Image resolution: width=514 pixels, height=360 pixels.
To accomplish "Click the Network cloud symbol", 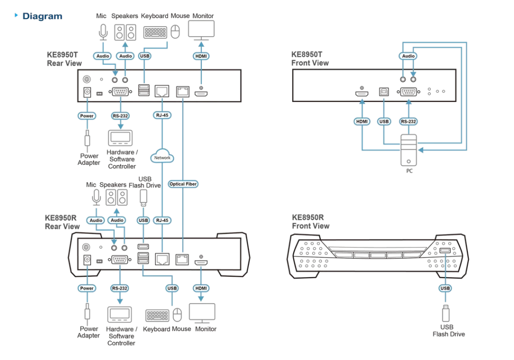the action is tap(162, 156).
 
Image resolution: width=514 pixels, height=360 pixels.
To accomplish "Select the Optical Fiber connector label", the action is tap(183, 184).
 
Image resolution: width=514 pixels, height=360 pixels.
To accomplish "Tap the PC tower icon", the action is tap(409, 150).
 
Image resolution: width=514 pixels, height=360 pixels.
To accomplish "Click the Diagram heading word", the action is tap(42, 16).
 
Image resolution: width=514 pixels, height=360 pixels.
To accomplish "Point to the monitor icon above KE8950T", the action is tap(201, 30).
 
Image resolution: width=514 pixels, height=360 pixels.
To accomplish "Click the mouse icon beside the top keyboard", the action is tap(175, 32).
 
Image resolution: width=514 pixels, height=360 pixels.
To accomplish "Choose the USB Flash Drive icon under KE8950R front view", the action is tap(446, 313).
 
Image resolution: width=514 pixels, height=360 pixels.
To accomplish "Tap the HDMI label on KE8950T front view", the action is tap(362, 122).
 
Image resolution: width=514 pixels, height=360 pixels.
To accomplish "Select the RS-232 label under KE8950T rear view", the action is tap(120, 116).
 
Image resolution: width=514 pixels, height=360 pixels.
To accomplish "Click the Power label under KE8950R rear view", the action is tap(87, 288).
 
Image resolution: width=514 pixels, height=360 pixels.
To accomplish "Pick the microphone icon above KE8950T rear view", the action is tap(103, 32).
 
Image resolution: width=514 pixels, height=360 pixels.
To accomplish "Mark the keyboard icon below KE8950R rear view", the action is tap(157, 315).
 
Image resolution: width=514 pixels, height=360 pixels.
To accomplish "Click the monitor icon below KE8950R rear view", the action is tap(202, 313).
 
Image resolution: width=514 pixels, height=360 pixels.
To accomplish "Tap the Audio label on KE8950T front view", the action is tap(408, 56).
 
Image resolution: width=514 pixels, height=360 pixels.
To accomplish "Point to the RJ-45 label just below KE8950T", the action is tap(162, 115).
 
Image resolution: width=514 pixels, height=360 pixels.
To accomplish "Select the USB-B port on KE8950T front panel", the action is tap(384, 91).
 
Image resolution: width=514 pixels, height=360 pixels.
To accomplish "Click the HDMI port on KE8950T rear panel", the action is tap(201, 94).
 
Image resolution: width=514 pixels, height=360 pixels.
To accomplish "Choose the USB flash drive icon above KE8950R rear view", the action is tap(143, 198).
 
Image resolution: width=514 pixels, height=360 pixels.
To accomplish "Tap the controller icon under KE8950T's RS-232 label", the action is tap(120, 138).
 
